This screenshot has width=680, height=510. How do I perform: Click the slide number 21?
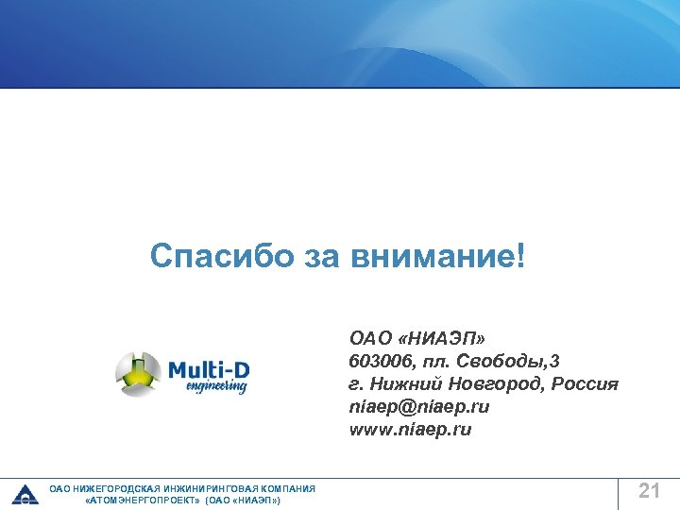[649, 490]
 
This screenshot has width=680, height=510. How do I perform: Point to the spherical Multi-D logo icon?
[139, 374]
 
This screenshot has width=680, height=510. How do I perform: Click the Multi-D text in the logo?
[209, 369]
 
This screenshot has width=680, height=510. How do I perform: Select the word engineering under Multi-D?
[216, 386]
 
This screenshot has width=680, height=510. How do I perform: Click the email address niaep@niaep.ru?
[419, 407]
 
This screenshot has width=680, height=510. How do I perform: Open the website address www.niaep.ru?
[410, 430]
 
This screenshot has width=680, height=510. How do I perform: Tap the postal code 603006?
[378, 361]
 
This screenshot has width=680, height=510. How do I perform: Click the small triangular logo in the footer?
[25, 494]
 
